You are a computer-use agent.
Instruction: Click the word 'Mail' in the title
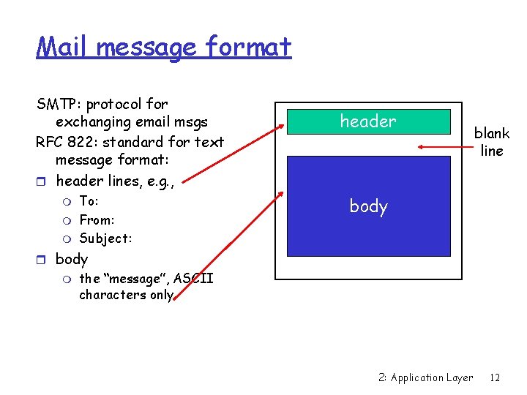(63, 47)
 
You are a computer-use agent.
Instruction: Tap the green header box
(368, 121)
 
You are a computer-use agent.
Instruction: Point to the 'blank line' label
(491, 142)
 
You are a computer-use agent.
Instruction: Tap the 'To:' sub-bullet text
(89, 201)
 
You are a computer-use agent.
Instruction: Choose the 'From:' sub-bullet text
(97, 219)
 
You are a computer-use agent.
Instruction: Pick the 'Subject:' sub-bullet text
(105, 238)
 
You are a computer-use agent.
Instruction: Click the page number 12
(495, 377)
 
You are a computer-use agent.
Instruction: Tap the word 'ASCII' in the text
(193, 279)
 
